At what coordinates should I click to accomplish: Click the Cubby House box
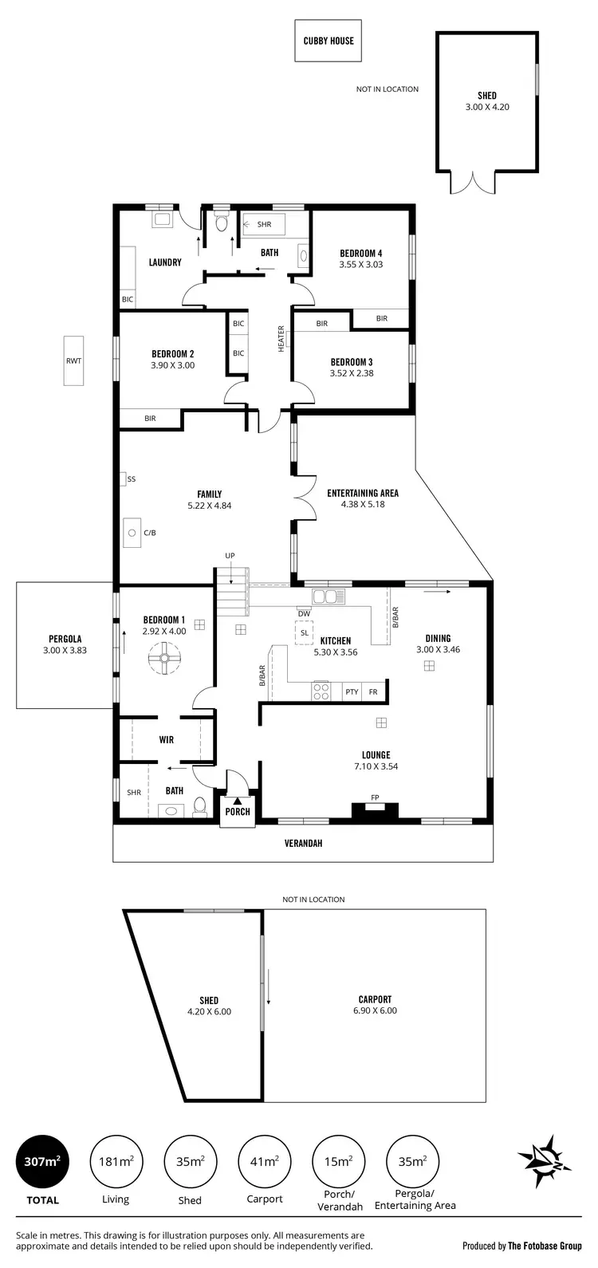click(x=328, y=41)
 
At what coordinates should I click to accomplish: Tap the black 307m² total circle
click(x=42, y=1162)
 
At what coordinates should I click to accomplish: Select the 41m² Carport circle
click(x=264, y=1162)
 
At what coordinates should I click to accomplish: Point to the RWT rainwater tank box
click(x=73, y=360)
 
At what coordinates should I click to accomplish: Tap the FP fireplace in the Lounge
click(x=375, y=807)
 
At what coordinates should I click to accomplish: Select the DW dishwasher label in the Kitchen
click(x=304, y=613)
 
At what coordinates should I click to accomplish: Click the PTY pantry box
click(x=352, y=692)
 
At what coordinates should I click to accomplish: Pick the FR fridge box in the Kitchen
click(x=373, y=692)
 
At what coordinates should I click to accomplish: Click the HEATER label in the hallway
click(x=281, y=338)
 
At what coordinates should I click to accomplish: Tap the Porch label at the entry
click(x=238, y=812)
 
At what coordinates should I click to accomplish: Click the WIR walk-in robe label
click(x=166, y=740)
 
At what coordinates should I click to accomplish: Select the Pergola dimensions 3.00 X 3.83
click(x=65, y=650)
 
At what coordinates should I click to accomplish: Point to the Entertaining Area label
click(x=363, y=494)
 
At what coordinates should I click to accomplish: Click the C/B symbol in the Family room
click(x=132, y=532)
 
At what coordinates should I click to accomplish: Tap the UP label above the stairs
click(x=230, y=555)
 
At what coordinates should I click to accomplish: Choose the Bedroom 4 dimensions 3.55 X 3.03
click(x=360, y=265)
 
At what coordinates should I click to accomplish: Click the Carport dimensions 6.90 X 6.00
click(x=375, y=1010)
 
